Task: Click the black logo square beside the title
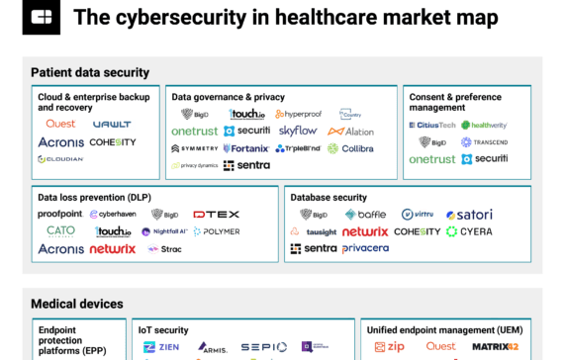pyautogui.click(x=41, y=17)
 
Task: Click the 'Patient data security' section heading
pyautogui.click(x=90, y=72)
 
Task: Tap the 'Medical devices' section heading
pyautogui.click(x=76, y=303)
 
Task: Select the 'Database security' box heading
pyautogui.click(x=330, y=198)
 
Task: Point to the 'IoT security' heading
pyautogui.click(x=164, y=329)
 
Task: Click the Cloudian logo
pyautogui.click(x=60, y=159)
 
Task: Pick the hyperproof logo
pyautogui.click(x=298, y=114)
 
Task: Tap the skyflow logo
pyautogui.click(x=298, y=131)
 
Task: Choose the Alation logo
pyautogui.click(x=350, y=131)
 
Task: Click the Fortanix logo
pyautogui.click(x=245, y=148)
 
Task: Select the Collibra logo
pyautogui.click(x=352, y=148)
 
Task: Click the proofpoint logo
pyautogui.click(x=59, y=214)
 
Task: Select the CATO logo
pyautogui.click(x=60, y=230)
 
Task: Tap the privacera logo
pyautogui.click(x=365, y=248)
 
